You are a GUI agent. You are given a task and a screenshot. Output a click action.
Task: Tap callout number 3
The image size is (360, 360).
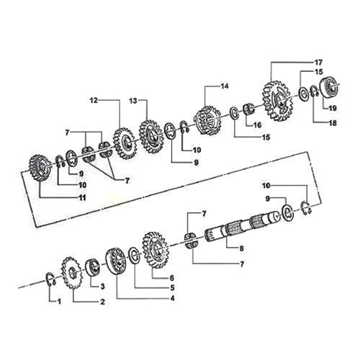102,286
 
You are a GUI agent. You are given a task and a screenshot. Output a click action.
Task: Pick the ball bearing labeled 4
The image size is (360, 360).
115,261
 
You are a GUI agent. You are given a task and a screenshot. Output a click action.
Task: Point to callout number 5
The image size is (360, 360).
171,287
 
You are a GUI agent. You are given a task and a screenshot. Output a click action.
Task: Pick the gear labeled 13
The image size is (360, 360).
153,135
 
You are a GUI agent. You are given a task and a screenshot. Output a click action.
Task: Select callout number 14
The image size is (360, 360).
225,86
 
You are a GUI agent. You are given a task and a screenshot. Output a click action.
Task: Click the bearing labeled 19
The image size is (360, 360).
331,87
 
